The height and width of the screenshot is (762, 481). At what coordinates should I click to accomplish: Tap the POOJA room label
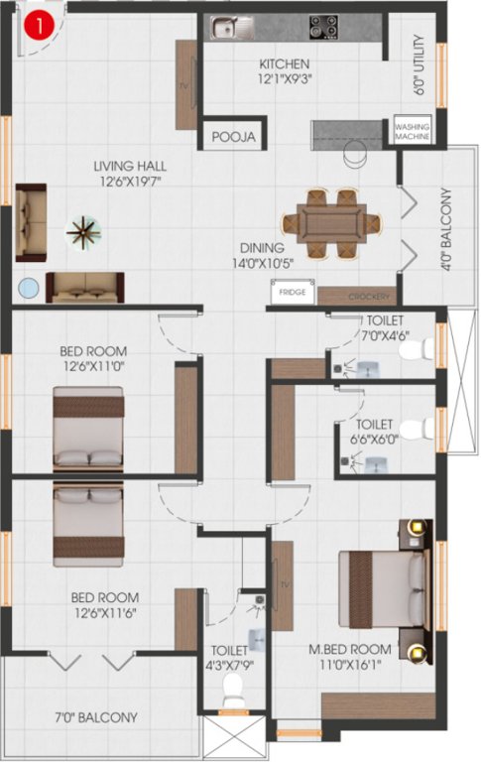235,137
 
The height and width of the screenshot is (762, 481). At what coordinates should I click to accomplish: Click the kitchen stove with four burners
324,27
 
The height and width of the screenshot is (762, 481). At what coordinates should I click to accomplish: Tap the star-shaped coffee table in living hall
82,233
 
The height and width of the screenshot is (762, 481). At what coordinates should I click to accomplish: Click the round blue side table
29,289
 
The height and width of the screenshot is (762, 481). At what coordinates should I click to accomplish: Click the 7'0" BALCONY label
95,716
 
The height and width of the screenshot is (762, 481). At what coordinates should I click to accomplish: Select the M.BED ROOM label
348,649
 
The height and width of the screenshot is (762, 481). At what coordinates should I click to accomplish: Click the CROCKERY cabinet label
368,296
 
